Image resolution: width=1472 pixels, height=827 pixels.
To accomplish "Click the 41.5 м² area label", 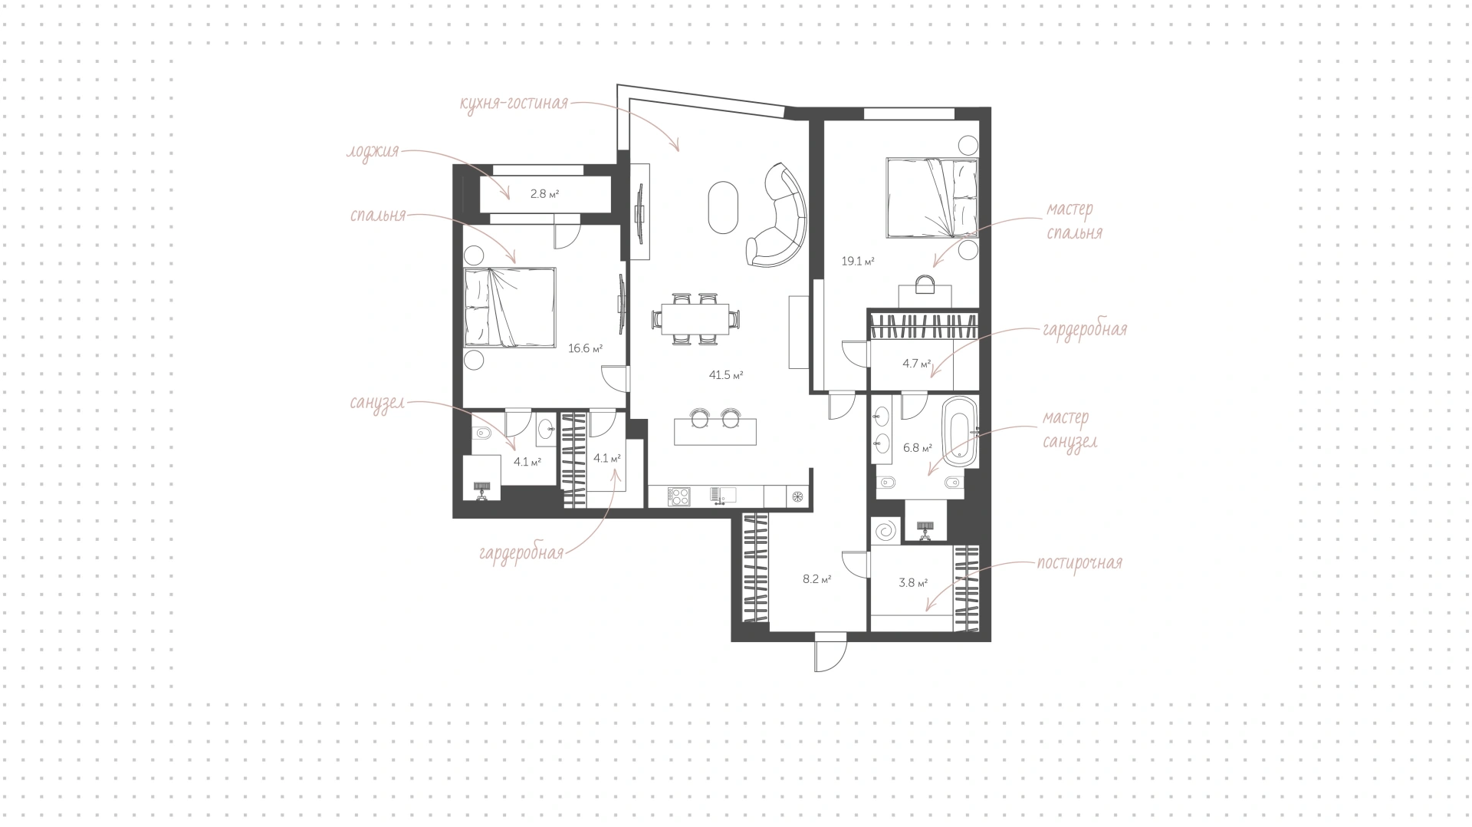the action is point(726,375).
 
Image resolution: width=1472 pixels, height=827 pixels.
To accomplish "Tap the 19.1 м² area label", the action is point(858,261).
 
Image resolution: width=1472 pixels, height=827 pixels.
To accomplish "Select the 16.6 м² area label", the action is point(585,348).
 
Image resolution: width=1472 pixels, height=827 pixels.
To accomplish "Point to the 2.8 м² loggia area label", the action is point(544,194).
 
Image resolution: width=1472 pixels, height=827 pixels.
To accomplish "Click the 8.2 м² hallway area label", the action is point(817,579).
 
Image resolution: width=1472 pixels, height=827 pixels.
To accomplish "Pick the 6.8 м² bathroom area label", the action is point(917,448).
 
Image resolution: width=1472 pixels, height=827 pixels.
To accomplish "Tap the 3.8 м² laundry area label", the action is point(913,582).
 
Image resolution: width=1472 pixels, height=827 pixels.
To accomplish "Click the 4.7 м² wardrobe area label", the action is point(916,364).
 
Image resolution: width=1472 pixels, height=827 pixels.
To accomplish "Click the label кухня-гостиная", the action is point(514,103).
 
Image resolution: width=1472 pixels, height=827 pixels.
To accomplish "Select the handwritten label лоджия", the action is point(373,151).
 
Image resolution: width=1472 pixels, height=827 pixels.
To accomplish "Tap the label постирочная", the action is point(1079,562).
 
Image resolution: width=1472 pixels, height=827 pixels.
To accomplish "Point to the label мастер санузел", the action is point(1069,430).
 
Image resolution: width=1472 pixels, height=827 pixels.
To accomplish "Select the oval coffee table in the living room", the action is point(723,206).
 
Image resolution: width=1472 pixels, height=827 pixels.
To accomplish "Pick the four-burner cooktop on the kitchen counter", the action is point(679,496).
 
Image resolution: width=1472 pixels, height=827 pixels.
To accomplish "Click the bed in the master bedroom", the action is point(932,197).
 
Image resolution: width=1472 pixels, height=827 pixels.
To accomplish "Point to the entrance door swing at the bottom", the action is point(830,652).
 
